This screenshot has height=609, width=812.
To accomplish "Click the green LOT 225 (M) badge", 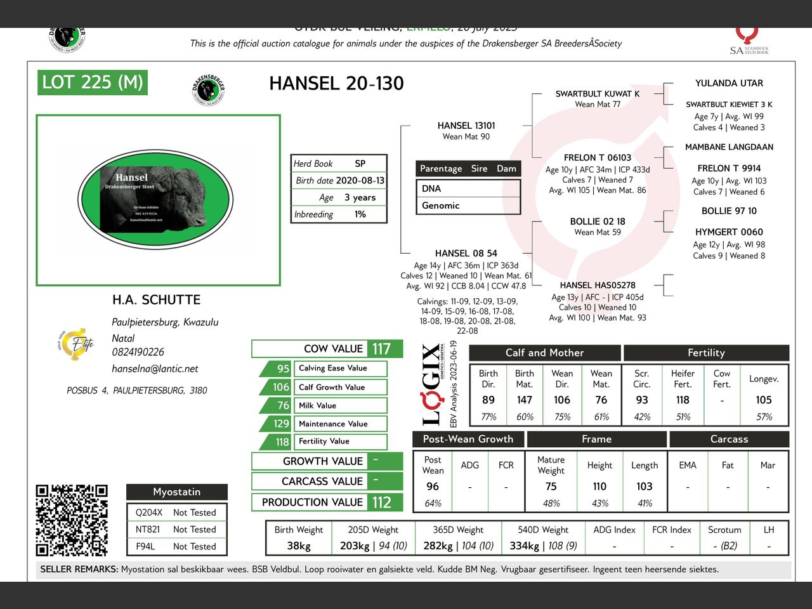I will click(x=93, y=82).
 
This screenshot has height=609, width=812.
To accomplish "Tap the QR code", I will click(x=72, y=520).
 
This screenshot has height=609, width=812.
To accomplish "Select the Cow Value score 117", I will click(x=381, y=349).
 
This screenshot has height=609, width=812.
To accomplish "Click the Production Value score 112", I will click(x=381, y=502).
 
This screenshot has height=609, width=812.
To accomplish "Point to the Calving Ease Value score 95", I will click(x=283, y=369).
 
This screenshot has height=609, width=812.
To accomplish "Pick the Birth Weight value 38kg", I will click(x=298, y=546).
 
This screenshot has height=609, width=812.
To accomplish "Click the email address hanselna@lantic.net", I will click(x=155, y=369).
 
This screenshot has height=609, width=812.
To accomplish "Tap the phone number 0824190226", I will click(x=138, y=352).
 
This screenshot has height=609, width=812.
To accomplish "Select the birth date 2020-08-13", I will click(x=360, y=181).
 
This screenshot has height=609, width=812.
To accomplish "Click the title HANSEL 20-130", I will click(x=336, y=84).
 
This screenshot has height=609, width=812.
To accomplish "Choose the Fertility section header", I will click(x=706, y=353).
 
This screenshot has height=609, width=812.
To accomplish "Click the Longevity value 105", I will click(x=764, y=400).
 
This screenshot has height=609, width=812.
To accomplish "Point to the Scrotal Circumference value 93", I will click(x=642, y=400).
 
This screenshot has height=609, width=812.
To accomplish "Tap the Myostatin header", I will click(x=176, y=492).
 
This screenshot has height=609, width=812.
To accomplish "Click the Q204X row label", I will click(x=148, y=513).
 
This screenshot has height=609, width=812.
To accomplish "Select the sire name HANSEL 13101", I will click(x=466, y=126).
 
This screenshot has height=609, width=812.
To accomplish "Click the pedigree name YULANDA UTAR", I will click(x=729, y=83).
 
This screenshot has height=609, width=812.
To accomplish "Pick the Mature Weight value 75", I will click(x=551, y=487).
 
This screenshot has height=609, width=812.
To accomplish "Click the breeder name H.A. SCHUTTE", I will click(x=156, y=300).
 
